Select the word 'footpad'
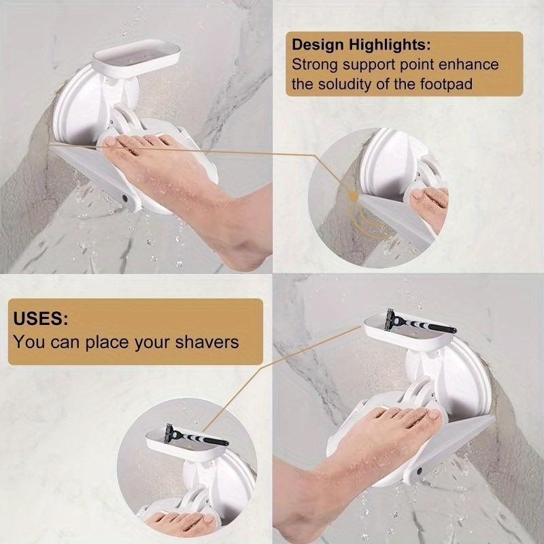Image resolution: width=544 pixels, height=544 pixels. pyautogui.click(x=469, y=85)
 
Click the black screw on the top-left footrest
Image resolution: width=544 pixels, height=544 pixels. pyautogui.click(x=124, y=198)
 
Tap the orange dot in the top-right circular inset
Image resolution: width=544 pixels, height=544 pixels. pyautogui.click(x=353, y=196)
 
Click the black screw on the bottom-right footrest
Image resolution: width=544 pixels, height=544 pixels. pyautogui.click(x=419, y=471)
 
